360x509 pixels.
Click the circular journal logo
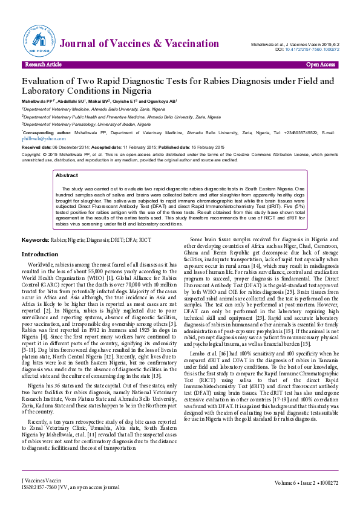click(x=39, y=42)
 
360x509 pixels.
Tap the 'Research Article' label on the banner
click(x=43, y=64)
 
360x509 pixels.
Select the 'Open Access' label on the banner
click(x=320, y=64)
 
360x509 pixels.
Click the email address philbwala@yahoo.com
click(x=35, y=138)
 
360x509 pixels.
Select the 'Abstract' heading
click(x=67, y=175)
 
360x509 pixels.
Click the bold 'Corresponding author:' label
click(x=44, y=131)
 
